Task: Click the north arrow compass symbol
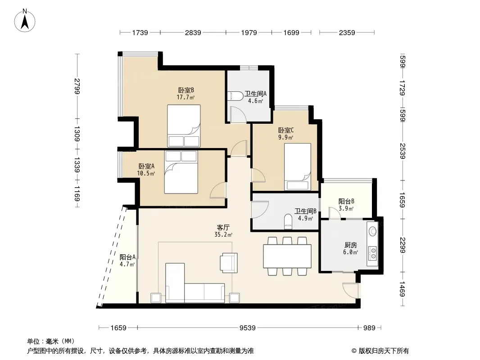25,21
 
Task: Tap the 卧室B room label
186,90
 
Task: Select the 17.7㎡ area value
186,97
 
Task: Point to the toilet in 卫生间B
288,222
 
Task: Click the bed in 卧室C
297,166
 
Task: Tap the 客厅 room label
223,228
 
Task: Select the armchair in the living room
229,263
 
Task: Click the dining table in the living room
287,256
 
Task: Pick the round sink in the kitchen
372,231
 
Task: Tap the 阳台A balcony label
127,257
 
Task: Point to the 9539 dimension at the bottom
247,328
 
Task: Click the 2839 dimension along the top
193,32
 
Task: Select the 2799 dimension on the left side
77,86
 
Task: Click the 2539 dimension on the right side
403,151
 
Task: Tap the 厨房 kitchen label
350,245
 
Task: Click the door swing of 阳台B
335,213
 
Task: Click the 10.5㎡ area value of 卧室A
146,173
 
